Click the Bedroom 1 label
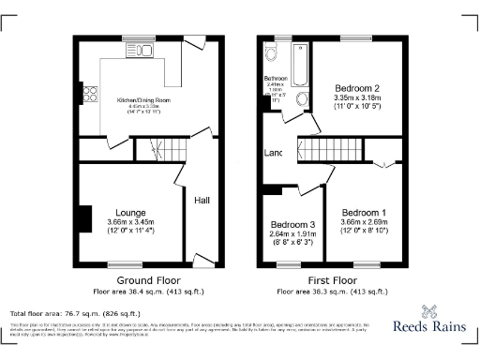(x=362, y=212)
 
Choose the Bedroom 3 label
(x=292, y=226)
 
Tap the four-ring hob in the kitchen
(x=91, y=94)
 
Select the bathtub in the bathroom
(x=299, y=62)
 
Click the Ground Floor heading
(x=147, y=280)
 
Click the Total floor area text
(x=74, y=313)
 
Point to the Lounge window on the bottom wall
(x=124, y=262)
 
